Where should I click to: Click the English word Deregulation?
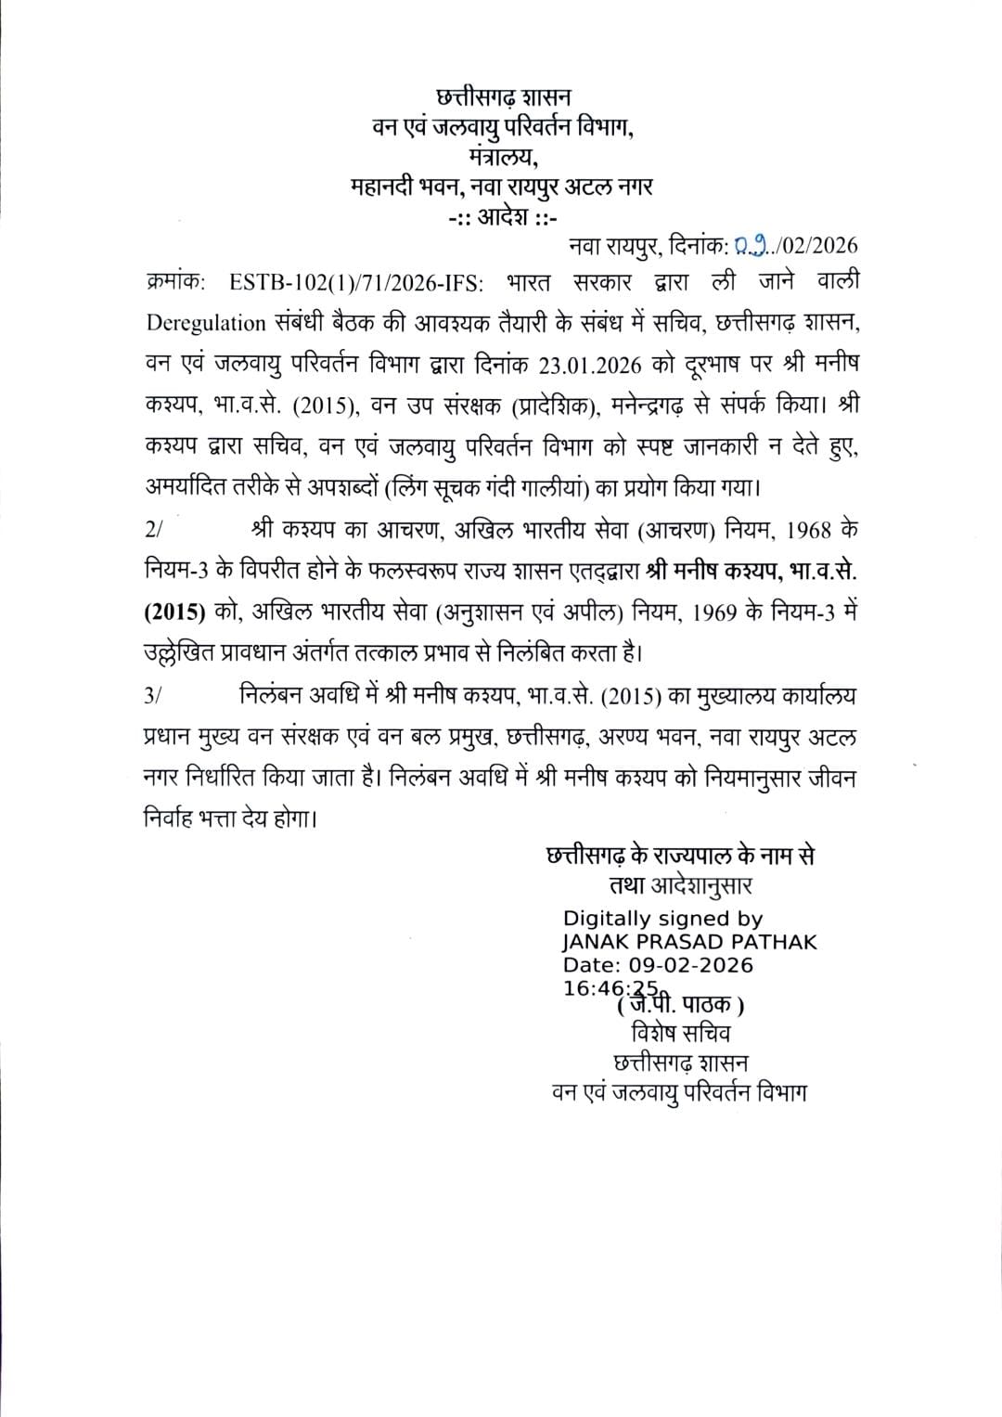click(x=206, y=323)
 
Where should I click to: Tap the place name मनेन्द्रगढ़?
click(x=714, y=405)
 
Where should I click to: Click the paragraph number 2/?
click(x=154, y=530)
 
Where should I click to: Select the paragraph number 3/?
click(x=154, y=696)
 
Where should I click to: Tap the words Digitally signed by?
click(x=662, y=919)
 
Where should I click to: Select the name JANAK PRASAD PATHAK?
click(x=689, y=942)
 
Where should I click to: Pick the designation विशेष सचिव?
click(x=680, y=1033)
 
